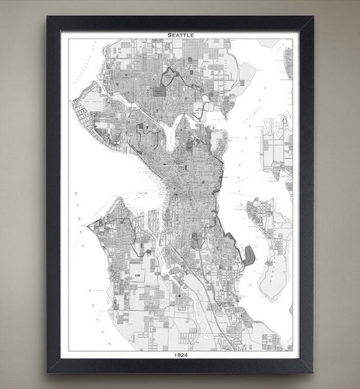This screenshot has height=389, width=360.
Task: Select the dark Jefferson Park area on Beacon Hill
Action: coord(196,241)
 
